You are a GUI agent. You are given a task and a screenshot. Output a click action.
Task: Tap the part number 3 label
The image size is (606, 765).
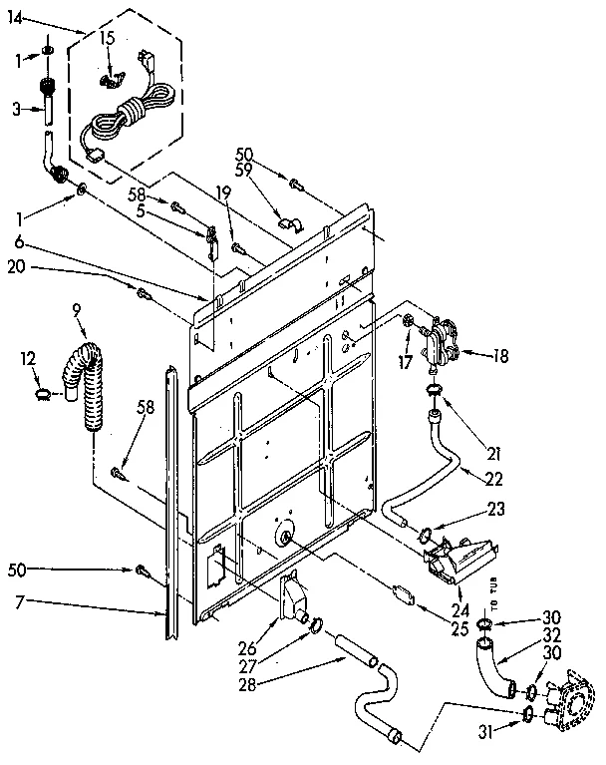16,110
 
